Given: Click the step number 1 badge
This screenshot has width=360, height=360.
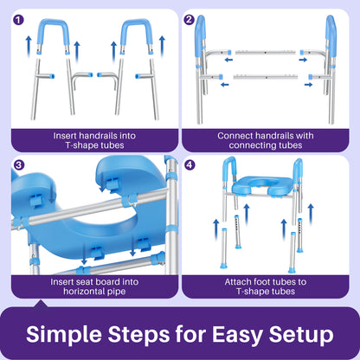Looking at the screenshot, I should point(19,19).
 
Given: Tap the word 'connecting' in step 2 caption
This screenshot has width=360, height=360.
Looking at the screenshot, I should point(256,146).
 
